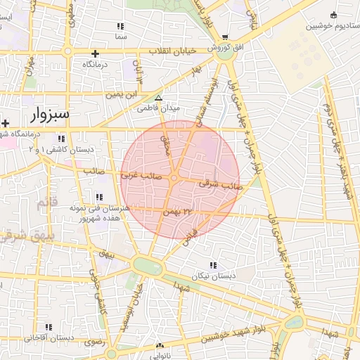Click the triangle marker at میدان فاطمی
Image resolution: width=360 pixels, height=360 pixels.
[x=159, y=98]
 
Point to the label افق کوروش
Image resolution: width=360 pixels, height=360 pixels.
[x=224, y=48]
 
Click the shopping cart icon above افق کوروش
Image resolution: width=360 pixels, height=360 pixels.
[x=225, y=37]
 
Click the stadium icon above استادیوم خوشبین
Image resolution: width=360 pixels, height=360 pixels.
[x=333, y=15]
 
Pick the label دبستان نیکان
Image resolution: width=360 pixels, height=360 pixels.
[x=212, y=276]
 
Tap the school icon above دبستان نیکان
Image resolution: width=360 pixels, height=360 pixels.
[x=212, y=266]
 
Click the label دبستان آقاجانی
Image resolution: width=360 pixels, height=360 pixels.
[x=49, y=338]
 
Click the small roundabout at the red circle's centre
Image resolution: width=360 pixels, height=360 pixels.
[x=174, y=178]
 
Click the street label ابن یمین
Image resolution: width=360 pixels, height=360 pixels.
[x=120, y=94]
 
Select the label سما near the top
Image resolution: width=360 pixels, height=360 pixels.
[x=122, y=34]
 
